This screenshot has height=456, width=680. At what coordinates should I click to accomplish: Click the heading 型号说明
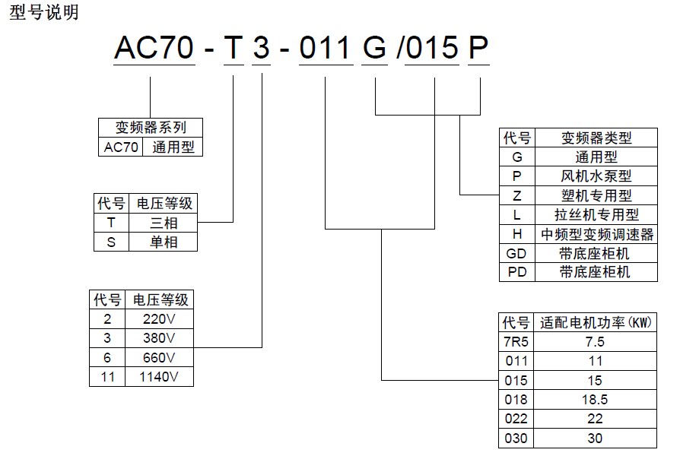coord(43,12)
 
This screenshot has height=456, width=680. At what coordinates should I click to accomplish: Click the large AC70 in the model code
coord(151,49)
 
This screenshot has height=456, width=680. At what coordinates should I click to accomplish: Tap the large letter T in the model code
coord(233,49)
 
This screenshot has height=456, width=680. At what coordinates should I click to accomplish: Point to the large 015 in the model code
coord(434,49)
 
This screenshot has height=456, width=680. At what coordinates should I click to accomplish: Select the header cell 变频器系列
coord(151,128)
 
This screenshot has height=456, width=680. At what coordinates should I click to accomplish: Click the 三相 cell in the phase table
coord(164,223)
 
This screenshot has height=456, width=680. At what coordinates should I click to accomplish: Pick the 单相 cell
coord(164,242)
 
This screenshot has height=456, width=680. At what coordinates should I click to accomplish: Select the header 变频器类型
coord(596,138)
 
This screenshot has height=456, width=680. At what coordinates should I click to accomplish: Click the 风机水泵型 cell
coord(596,176)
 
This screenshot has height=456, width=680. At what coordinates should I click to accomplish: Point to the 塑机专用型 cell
coord(596,195)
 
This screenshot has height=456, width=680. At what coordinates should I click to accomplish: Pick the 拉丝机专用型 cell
coord(596,215)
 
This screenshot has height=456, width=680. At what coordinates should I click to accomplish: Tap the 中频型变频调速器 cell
coord(596,234)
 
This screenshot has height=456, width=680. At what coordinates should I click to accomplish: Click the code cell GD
coord(517,253)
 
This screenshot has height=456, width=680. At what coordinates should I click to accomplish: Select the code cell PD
coord(517,272)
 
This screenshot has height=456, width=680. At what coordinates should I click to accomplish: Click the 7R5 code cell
coord(517,342)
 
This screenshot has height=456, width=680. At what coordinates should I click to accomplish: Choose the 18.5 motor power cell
coord(595,400)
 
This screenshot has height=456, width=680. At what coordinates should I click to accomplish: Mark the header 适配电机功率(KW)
coord(595,322)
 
